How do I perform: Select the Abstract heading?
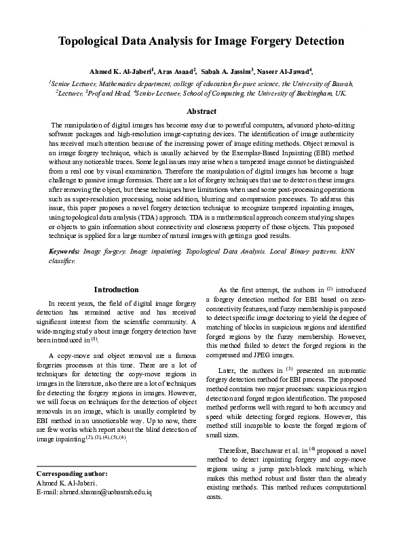pyautogui.click(x=201, y=111)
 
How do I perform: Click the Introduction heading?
pyautogui.click(x=116, y=290)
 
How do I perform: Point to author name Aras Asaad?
pyautogui.click(x=177, y=71)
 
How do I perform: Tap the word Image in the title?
pyautogui.click(x=229, y=41)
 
